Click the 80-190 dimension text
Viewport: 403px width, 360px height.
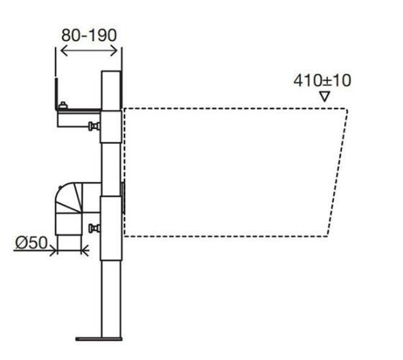tap(89, 35)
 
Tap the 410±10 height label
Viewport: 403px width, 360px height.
tap(322, 81)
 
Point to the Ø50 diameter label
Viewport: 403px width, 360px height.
tap(31, 243)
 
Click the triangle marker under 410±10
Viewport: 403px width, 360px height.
tap(325, 96)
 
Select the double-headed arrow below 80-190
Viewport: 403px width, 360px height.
tap(89, 50)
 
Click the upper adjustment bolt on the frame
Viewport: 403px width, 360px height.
tap(94, 126)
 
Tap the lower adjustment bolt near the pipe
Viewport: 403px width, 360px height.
tap(94, 228)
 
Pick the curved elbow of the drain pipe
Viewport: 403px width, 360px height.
tap(68, 197)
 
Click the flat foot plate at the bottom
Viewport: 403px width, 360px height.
tap(99, 339)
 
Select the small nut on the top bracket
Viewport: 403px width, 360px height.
tap(63, 105)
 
